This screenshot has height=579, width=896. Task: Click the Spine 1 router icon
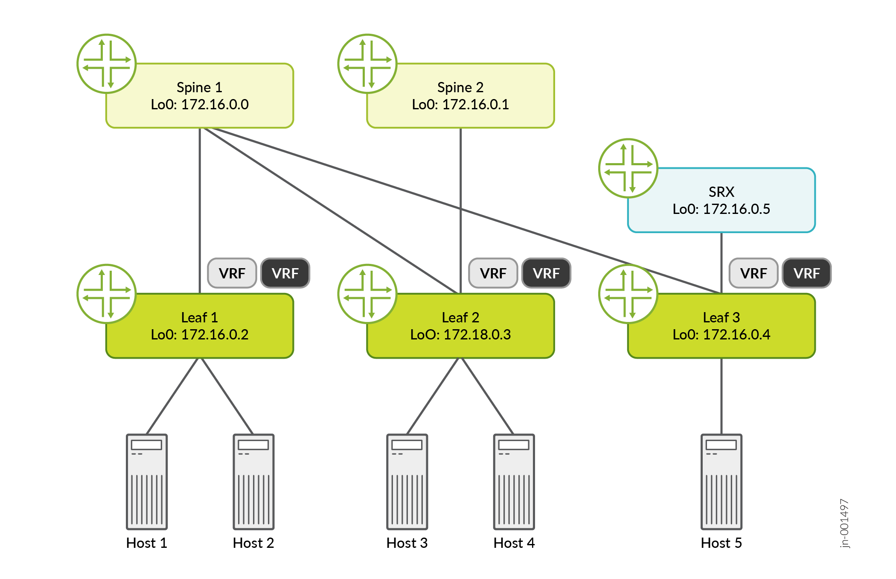107,64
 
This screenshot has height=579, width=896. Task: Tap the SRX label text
721,192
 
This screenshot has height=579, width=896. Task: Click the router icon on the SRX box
628,168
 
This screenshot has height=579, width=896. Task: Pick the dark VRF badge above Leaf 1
285,273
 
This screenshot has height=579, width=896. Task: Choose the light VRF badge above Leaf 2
493,273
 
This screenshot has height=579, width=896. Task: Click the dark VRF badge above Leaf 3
806,273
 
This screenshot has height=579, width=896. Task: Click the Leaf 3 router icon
628,294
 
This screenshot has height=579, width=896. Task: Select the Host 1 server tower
147,482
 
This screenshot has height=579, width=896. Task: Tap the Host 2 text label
253,543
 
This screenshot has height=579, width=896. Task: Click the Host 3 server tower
407,482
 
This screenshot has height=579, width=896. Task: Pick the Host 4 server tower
514,482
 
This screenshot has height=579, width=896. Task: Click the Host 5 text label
721,543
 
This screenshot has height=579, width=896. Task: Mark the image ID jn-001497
844,523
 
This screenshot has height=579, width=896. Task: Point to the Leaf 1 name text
200,318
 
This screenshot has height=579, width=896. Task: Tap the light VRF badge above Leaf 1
232,273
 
